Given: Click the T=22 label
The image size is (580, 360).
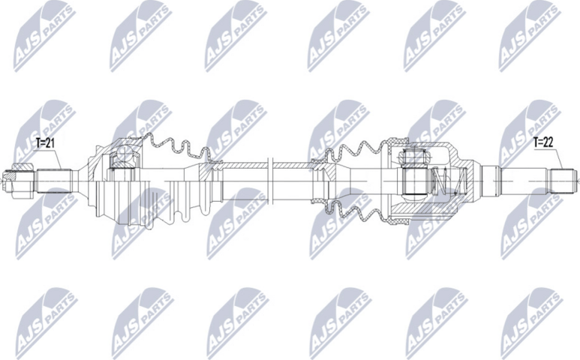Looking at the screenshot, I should point(545,140).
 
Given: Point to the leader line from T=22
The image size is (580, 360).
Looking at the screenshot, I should point(557,159).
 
